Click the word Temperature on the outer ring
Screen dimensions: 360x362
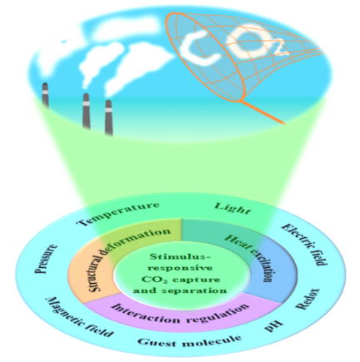[119, 214]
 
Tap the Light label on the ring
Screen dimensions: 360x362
[232, 209]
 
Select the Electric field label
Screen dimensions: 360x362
[305, 245]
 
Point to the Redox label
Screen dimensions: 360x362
[307, 299]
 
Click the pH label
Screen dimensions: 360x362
[273, 326]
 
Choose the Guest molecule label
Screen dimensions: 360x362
[189, 341]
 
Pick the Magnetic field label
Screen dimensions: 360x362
[79, 317]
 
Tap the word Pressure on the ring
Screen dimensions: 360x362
[46, 259]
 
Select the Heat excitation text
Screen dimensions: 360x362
[249, 258]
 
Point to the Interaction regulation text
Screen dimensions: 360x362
[180, 315]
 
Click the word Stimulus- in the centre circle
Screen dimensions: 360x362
[180, 256]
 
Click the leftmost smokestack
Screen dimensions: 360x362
[45, 95]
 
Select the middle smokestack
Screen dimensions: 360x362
[87, 111]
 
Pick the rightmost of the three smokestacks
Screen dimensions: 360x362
[108, 117]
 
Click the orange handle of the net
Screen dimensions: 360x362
[263, 112]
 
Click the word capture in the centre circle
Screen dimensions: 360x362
[197, 280]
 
